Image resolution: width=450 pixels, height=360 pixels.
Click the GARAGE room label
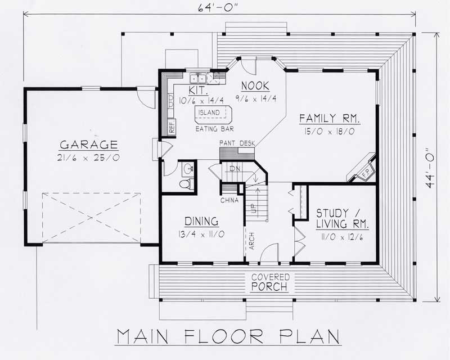click(x=90, y=144)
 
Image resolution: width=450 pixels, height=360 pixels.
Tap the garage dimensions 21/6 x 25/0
click(x=90, y=159)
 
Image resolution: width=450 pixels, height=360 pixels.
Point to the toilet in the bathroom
click(x=186, y=183)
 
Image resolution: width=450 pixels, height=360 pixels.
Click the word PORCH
click(x=271, y=287)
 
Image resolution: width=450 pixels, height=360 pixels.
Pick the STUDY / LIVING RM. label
click(x=342, y=219)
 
